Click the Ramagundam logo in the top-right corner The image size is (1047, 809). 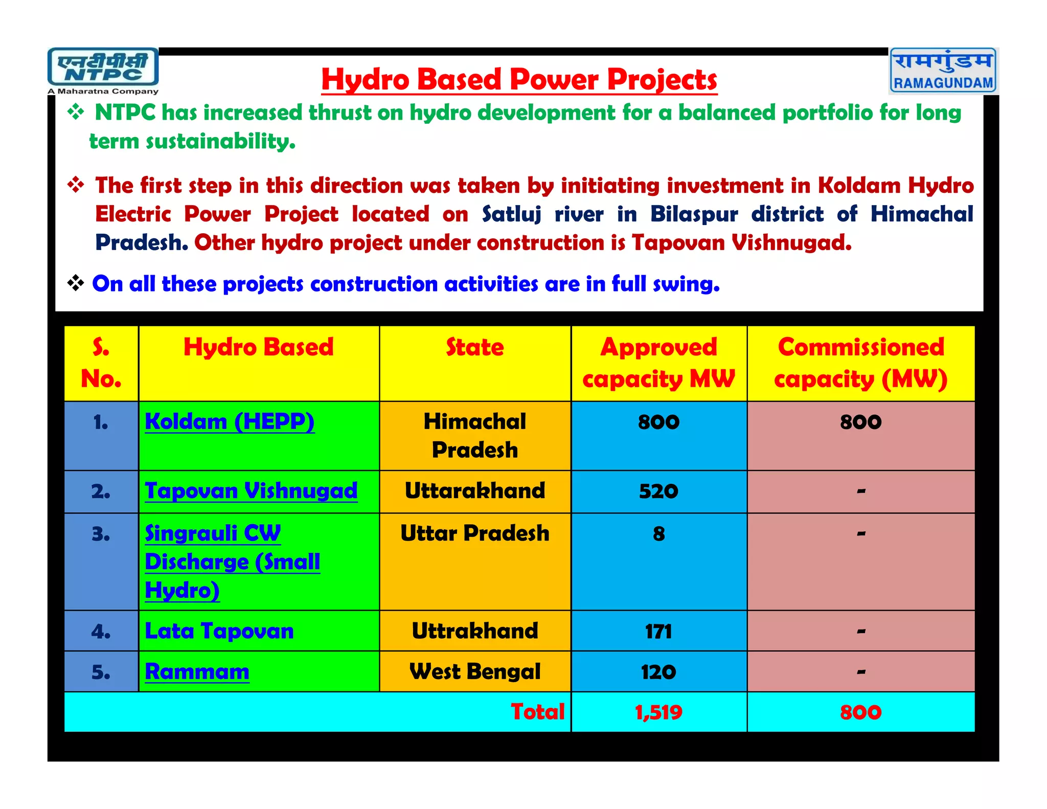click(x=943, y=71)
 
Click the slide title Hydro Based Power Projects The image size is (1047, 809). click(x=519, y=80)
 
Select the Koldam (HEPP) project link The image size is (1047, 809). click(x=230, y=422)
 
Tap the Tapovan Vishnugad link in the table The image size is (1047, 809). click(x=251, y=491)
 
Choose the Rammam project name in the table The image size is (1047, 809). click(x=197, y=671)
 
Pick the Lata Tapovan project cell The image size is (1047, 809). click(x=219, y=631)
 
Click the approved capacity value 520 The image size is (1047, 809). click(x=658, y=491)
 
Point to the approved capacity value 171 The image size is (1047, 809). click(x=658, y=632)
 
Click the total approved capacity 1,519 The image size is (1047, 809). click(x=658, y=712)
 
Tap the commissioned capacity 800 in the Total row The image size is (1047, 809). click(x=860, y=712)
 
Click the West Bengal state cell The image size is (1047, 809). click(x=475, y=671)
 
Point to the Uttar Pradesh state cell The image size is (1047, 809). click(x=475, y=533)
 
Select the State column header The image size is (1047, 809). click(x=475, y=347)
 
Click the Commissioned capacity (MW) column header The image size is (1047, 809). click(x=860, y=363)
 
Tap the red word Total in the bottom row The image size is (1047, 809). click(x=538, y=712)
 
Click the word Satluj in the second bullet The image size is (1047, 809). click(x=512, y=214)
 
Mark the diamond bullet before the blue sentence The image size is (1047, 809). click(x=76, y=283)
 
